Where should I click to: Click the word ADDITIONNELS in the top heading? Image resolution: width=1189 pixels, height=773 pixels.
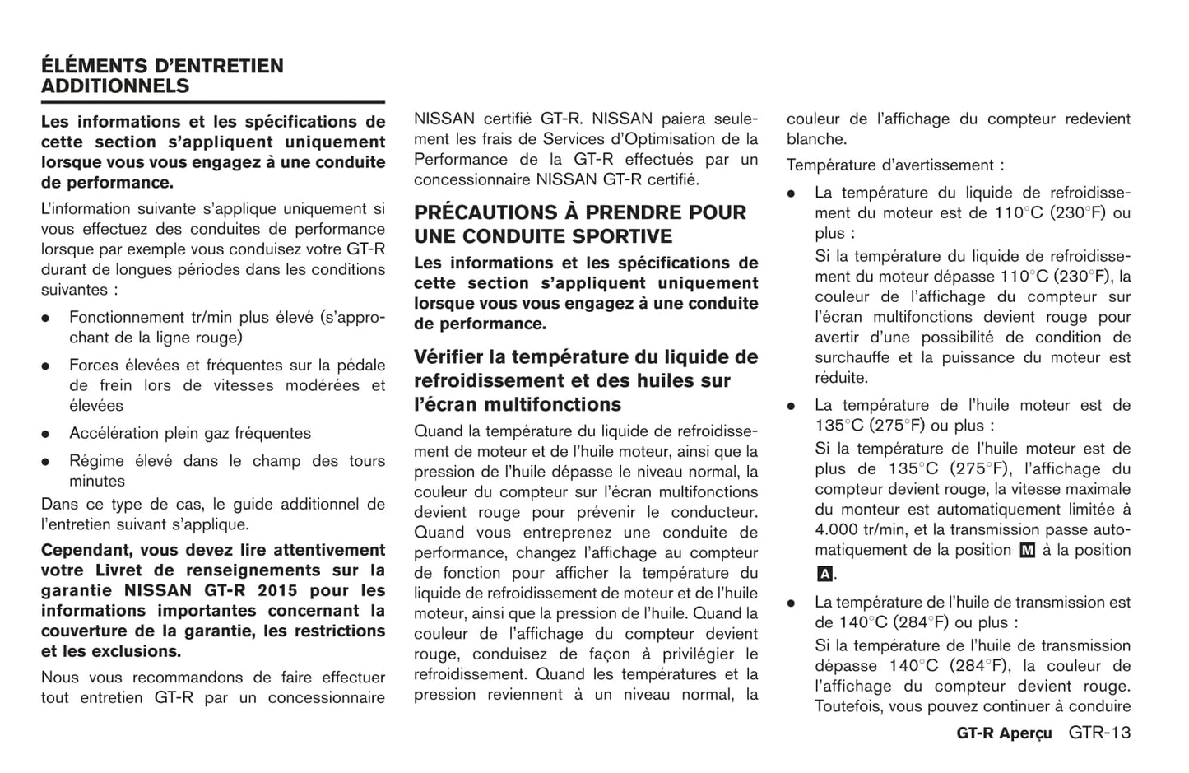(x=115, y=86)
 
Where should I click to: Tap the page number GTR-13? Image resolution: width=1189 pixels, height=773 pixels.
(x=1099, y=733)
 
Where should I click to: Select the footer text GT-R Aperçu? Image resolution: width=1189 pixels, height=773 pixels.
(x=1004, y=733)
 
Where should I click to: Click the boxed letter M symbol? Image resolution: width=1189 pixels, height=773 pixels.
(x=1027, y=551)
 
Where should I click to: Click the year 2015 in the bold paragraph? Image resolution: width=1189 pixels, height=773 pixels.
(x=277, y=591)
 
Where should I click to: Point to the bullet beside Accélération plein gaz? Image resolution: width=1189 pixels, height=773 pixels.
(x=48, y=434)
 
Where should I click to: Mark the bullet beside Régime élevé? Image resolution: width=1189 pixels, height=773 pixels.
(x=48, y=462)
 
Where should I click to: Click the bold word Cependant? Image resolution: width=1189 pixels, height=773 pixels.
(x=86, y=550)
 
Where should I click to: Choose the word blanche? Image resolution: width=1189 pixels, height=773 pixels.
(x=816, y=139)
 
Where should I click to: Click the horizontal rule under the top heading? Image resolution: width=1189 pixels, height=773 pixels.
(x=213, y=102)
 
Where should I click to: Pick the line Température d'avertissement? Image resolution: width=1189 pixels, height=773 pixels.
(x=894, y=165)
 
